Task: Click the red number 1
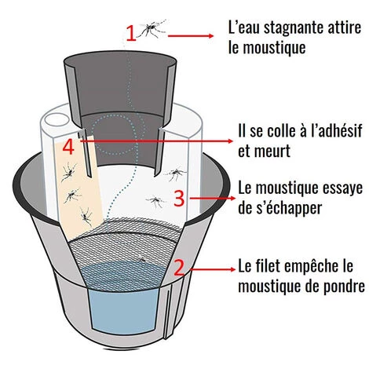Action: point(131,32)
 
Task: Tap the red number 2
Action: point(179,267)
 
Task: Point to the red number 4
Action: point(68,146)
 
